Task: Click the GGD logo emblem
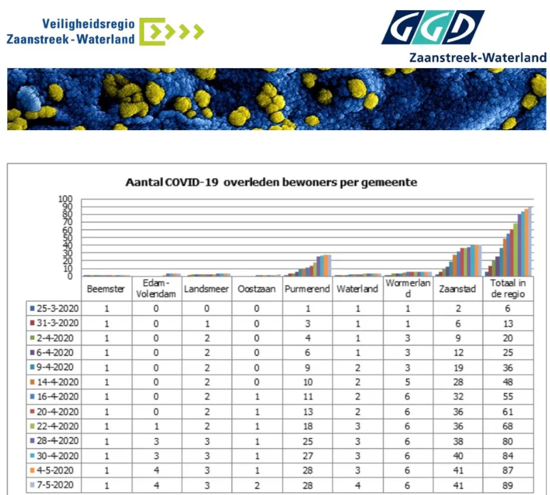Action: click(x=432, y=27)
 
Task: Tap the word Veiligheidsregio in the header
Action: click(x=88, y=24)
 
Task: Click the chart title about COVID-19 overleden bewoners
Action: click(x=271, y=182)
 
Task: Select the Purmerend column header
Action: click(x=307, y=289)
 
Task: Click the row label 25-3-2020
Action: click(x=57, y=309)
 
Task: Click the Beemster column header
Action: click(x=107, y=289)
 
